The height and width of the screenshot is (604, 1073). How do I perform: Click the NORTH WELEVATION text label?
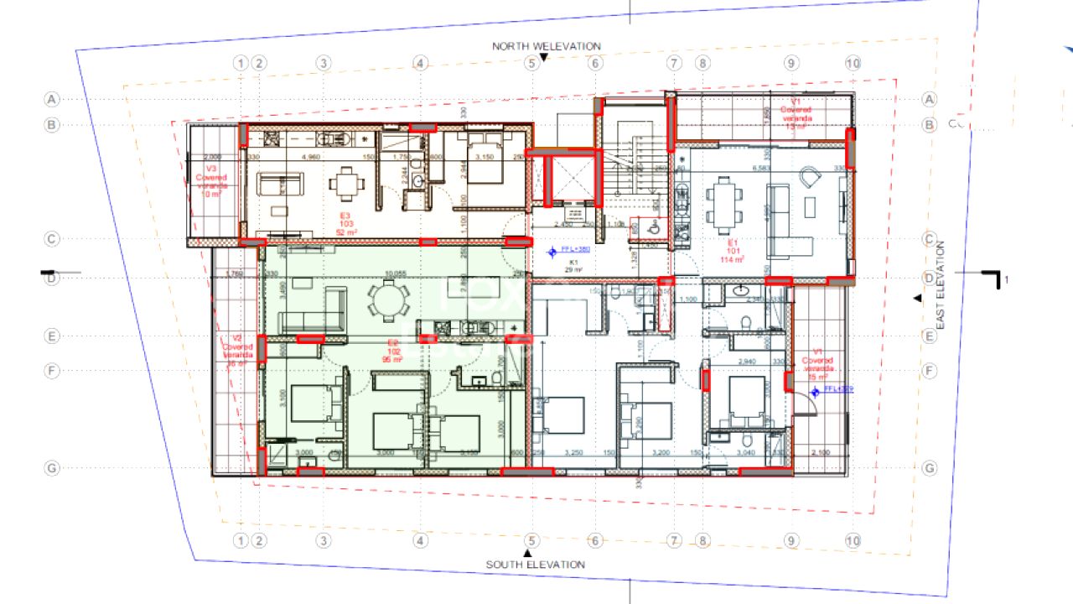[x=546, y=46]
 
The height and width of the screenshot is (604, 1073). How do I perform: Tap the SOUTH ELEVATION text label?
[x=535, y=565]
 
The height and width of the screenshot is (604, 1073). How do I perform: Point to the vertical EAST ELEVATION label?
[x=940, y=284]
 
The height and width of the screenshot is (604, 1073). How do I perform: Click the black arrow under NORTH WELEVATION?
[x=543, y=58]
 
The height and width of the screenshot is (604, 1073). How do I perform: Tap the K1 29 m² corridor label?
[x=575, y=266]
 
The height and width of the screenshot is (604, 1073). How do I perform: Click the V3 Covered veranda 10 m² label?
[x=210, y=178]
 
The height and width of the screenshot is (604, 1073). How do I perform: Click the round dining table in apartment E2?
[x=387, y=299]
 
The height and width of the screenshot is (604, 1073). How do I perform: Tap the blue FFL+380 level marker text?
[x=576, y=250]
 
